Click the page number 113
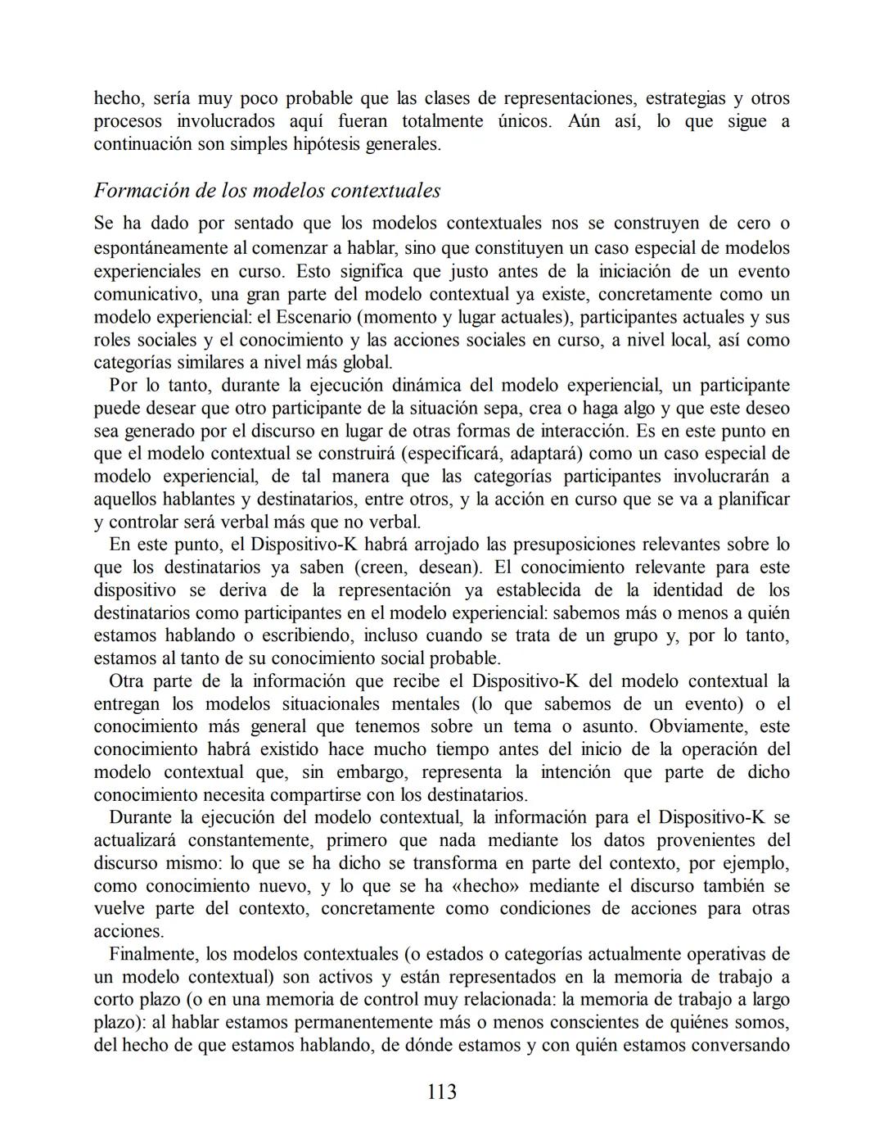(x=441, y=1092)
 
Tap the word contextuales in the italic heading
(x=387, y=191)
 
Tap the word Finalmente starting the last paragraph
(x=154, y=954)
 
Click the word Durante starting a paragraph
(x=142, y=817)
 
